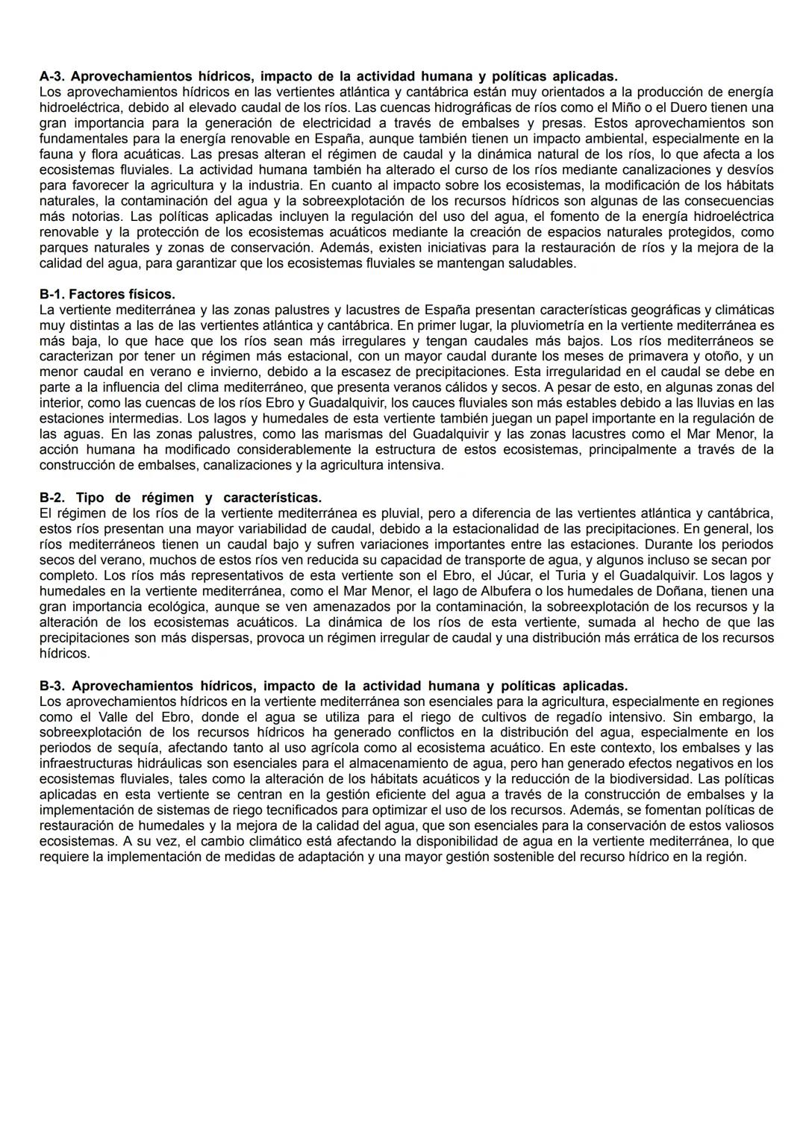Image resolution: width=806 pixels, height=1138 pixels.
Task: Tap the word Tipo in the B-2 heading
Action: tap(90, 497)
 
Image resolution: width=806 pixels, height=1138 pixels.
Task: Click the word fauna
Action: tap(56, 154)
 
